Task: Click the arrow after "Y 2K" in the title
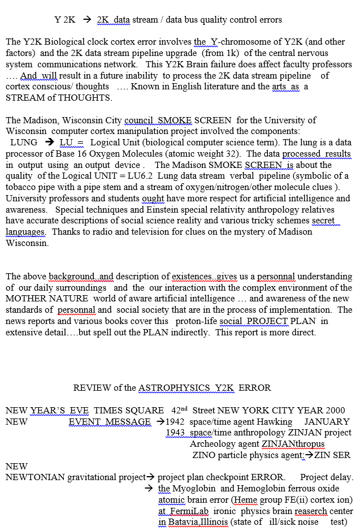86,20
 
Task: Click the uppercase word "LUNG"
24,143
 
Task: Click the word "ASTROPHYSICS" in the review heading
173,388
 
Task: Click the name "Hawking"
275,421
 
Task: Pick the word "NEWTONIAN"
35,477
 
